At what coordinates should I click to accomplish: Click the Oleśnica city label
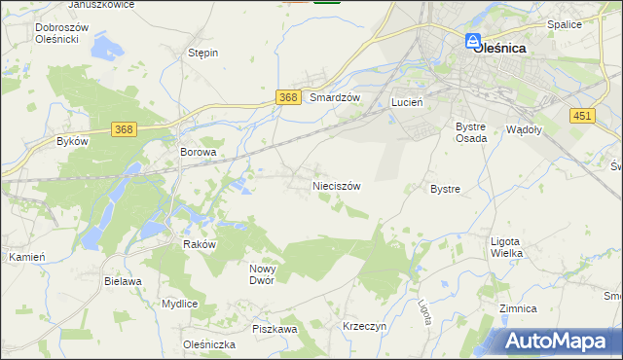tap(499, 47)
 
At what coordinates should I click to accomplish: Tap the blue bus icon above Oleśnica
tap(472, 41)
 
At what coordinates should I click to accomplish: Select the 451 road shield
tap(582, 117)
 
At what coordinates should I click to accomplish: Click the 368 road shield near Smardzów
tap(287, 97)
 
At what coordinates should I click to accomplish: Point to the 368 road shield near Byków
tap(124, 129)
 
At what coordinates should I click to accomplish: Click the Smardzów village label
tap(335, 98)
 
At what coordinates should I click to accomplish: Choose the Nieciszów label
tap(337, 185)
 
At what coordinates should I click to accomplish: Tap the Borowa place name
tap(198, 153)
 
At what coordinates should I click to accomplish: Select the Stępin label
tap(202, 54)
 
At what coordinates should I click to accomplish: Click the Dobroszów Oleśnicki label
tap(62, 34)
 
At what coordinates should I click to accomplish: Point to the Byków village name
tap(73, 141)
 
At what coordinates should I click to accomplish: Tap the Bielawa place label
tap(124, 281)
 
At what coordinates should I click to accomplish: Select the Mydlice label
tap(180, 304)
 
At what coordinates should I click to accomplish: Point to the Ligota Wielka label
tap(506, 247)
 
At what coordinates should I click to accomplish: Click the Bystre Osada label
tap(472, 132)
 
